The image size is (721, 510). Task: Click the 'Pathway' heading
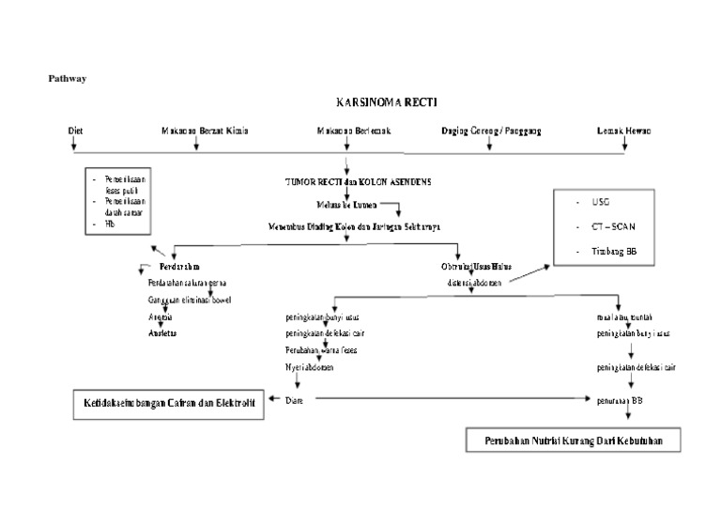[67, 79]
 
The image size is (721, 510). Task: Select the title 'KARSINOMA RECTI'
[386, 103]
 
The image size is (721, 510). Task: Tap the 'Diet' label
[76, 131]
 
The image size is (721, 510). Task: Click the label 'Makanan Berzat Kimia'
[205, 131]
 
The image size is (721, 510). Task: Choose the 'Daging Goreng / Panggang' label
[491, 131]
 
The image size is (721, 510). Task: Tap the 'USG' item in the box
[601, 202]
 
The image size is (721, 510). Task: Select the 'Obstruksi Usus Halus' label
[476, 267]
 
